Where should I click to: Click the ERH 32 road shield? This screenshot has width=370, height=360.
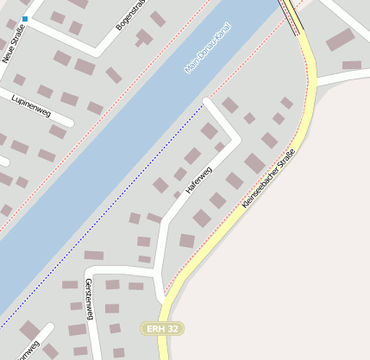[x=162, y=329]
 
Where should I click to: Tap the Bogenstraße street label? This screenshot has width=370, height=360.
[x=132, y=15]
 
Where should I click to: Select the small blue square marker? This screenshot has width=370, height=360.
[x=25, y=18]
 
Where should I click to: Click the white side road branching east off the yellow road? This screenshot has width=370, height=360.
[x=341, y=79]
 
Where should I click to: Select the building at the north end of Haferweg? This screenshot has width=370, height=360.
[x=230, y=105]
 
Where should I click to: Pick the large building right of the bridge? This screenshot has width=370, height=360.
[x=340, y=40]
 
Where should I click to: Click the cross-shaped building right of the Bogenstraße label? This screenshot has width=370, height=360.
[x=144, y=37]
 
